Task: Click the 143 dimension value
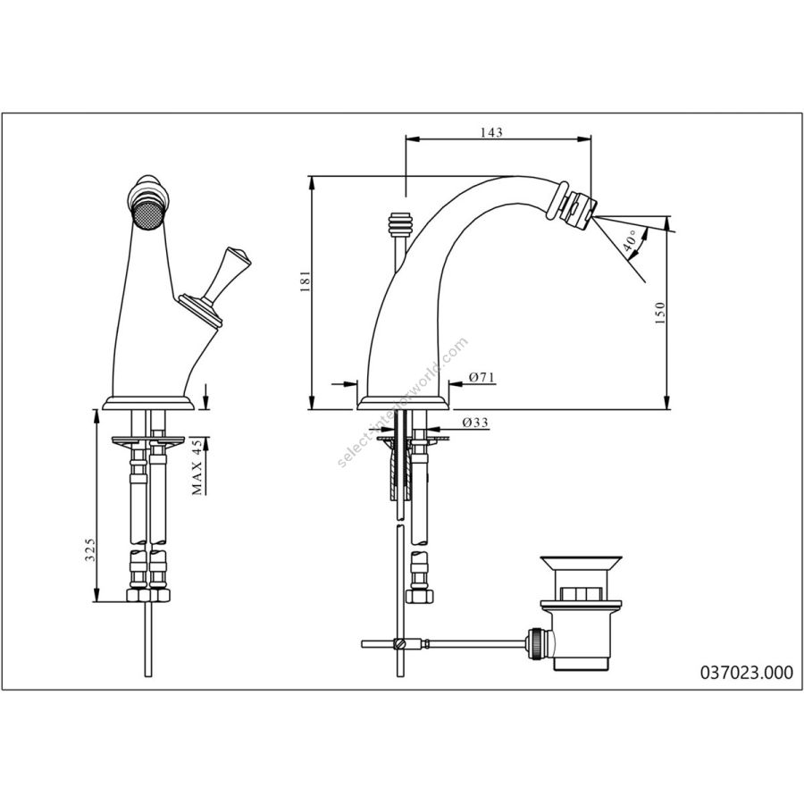(x=491, y=132)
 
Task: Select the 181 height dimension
(x=306, y=281)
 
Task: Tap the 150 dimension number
(x=660, y=313)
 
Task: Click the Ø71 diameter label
(x=482, y=377)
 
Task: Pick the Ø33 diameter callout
(x=475, y=423)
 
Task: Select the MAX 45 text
(x=197, y=466)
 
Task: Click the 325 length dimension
(x=90, y=550)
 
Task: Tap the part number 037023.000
(x=746, y=672)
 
